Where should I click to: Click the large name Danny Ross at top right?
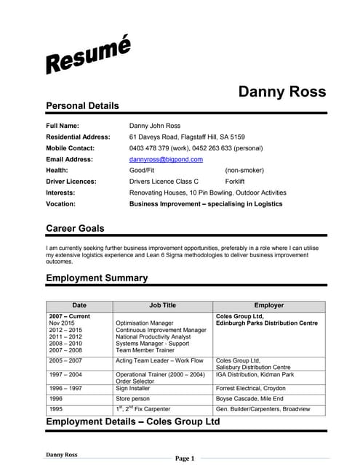tap(282, 92)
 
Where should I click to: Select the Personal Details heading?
tap(82, 106)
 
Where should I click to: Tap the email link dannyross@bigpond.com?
tap(166, 159)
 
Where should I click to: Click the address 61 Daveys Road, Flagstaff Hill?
tap(187, 137)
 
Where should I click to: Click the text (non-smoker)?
tap(244, 170)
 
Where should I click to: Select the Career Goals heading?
tap(75, 229)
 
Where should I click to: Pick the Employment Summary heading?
tap(97, 278)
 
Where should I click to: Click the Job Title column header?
tap(162, 306)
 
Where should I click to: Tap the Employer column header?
tap(268, 306)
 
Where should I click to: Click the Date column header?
tap(79, 306)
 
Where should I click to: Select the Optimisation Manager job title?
tap(145, 323)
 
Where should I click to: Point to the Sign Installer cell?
tap(134, 389)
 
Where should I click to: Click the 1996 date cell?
tap(57, 399)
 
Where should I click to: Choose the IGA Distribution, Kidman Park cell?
tap(255, 375)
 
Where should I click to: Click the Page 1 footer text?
tap(185, 458)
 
